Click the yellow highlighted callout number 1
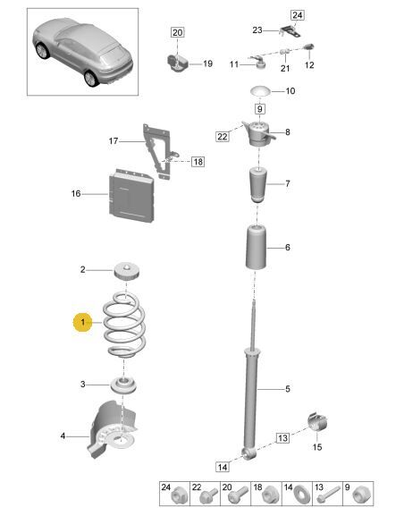click(82, 322)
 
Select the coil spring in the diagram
click(124, 326)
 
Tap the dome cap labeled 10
click(260, 91)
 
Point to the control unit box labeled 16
click(131, 196)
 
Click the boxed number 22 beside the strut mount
click(222, 136)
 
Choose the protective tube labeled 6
click(257, 247)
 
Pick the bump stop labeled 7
click(257, 185)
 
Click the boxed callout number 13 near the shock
click(282, 437)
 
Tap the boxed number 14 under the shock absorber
click(223, 467)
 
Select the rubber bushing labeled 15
click(317, 421)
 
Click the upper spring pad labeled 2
click(127, 272)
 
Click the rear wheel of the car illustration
click(91, 79)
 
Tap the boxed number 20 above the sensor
click(177, 32)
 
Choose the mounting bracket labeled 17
click(158, 151)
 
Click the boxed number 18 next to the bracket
click(198, 162)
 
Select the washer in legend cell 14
click(300, 496)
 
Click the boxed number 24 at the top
click(297, 15)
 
